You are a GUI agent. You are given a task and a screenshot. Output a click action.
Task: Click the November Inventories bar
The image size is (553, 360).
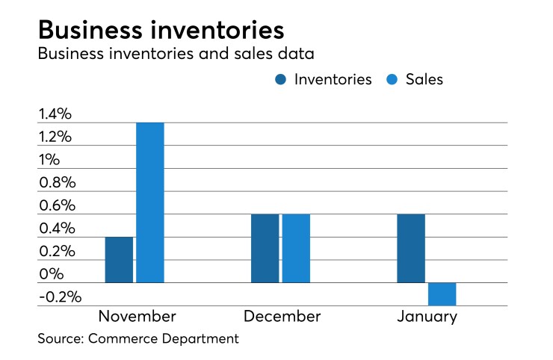(119, 260)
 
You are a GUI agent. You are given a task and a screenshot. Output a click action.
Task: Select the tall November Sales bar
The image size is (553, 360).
(150, 202)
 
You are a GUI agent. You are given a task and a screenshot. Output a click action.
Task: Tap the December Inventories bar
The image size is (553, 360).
(265, 249)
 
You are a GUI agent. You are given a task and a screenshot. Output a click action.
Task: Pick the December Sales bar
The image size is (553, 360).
(296, 249)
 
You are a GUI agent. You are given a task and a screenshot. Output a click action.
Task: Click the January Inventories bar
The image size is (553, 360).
(410, 249)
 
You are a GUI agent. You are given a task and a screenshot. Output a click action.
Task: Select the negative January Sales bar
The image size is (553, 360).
(442, 294)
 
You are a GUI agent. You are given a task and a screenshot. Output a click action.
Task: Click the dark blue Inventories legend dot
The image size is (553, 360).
(282, 79)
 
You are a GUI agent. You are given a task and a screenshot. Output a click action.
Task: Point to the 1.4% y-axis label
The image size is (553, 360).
(55, 114)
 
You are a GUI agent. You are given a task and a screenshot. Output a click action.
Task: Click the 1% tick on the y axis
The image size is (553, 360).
(49, 160)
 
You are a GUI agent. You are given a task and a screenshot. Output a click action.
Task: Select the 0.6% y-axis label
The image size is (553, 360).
(55, 206)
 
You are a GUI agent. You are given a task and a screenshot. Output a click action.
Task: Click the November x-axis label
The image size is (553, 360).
(137, 317)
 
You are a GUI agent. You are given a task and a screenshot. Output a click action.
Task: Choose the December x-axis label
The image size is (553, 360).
(281, 317)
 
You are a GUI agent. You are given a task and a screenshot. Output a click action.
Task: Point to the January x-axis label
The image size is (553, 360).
(427, 317)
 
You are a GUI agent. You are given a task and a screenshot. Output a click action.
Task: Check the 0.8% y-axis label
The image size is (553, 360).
(55, 183)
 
